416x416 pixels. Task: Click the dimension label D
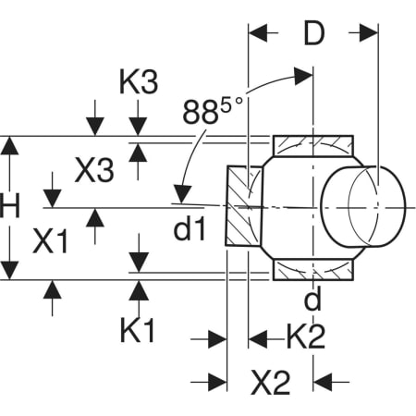[314, 33]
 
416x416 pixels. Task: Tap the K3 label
[139, 82]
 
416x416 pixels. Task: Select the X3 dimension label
[94, 170]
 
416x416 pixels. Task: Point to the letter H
[10, 205]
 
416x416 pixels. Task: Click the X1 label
[50, 241]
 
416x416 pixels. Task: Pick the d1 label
[190, 228]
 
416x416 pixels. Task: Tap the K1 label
[137, 331]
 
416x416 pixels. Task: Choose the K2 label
[306, 336]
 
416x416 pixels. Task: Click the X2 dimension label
[271, 383]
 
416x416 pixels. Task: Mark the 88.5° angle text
[213, 110]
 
